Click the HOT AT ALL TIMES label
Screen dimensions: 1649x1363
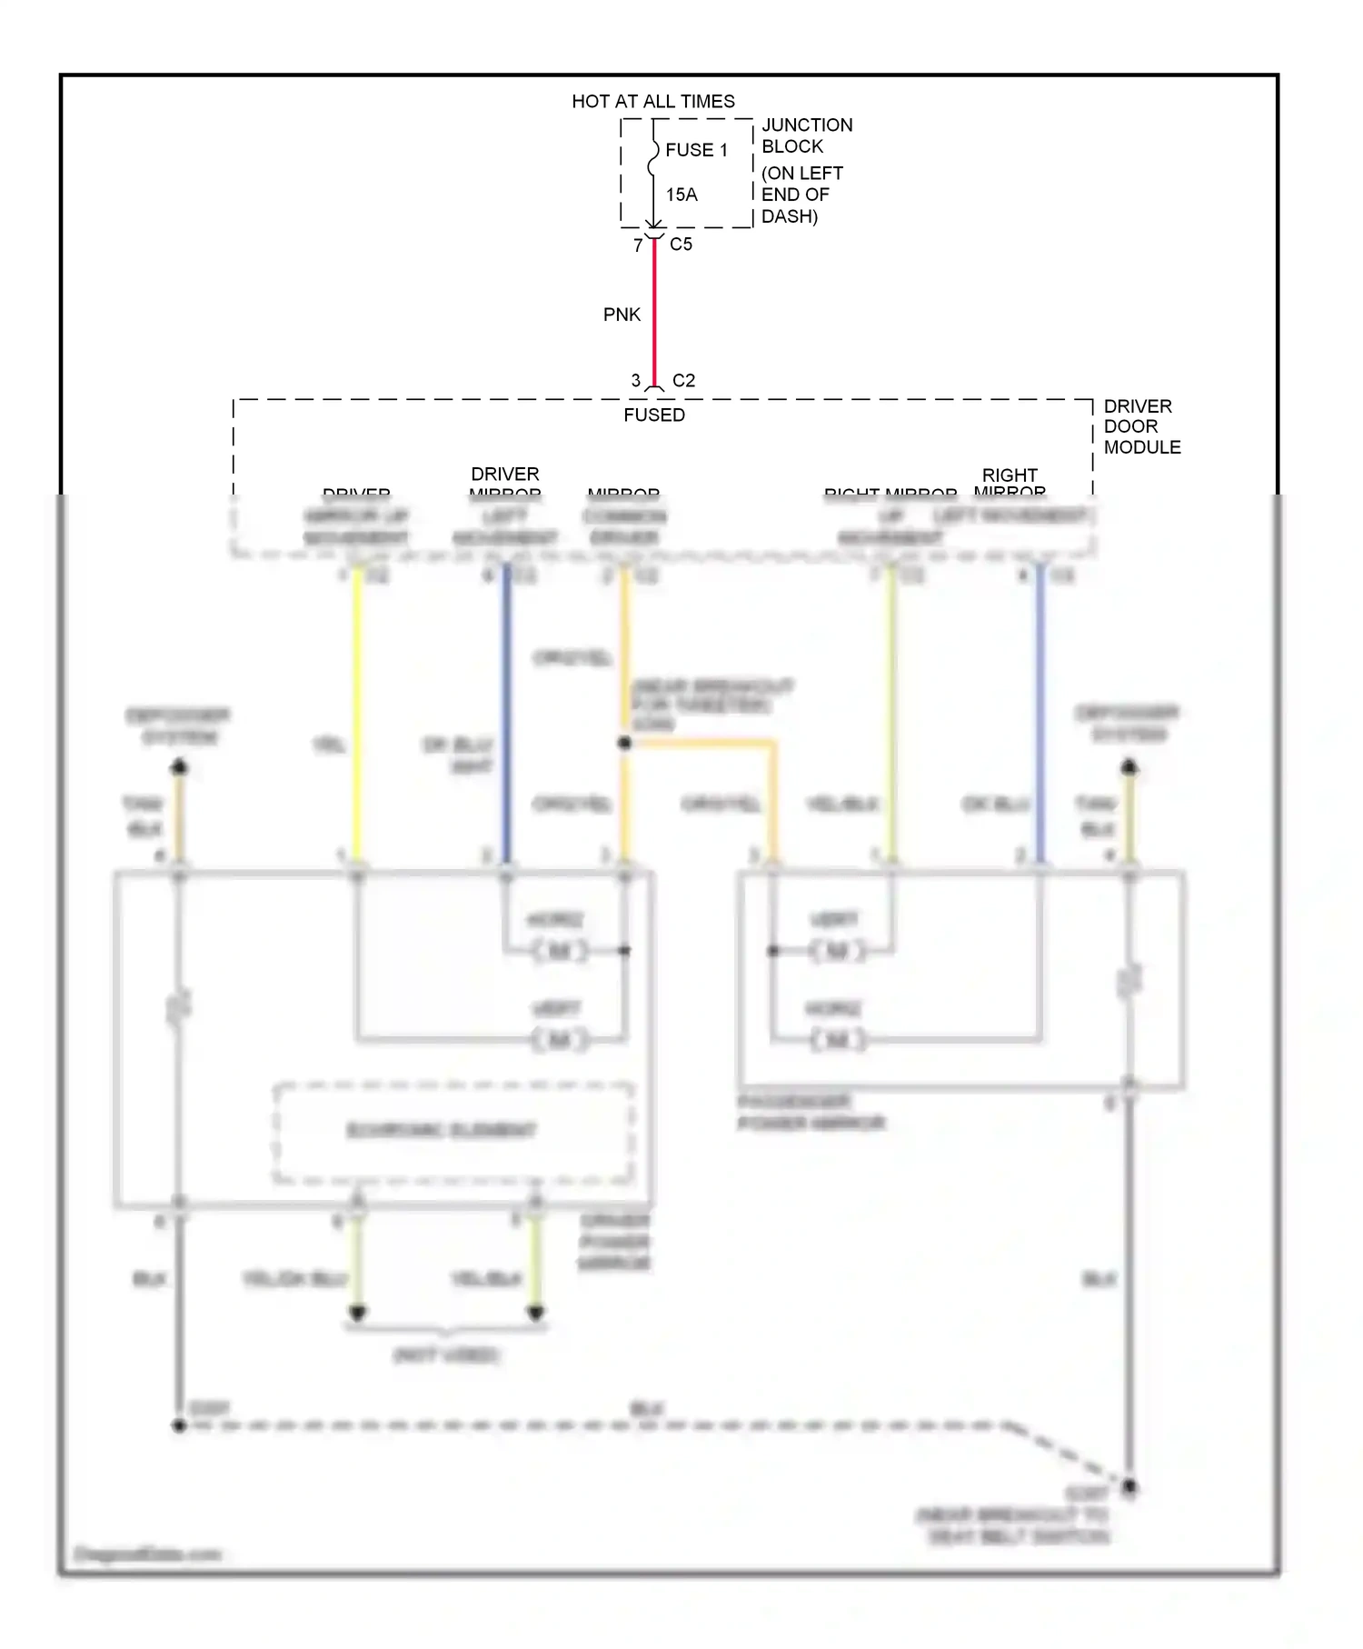click(x=652, y=101)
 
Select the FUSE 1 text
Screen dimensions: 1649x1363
click(x=696, y=150)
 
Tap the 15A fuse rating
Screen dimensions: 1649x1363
click(x=681, y=195)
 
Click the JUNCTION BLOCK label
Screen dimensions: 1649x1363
click(x=806, y=135)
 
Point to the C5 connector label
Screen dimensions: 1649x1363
click(x=681, y=245)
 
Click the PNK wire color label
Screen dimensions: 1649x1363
click(x=622, y=315)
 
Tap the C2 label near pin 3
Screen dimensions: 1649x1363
click(x=683, y=381)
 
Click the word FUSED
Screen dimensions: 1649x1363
click(x=653, y=415)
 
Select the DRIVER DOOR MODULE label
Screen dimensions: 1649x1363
click(x=1141, y=426)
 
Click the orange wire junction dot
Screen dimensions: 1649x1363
click(x=624, y=743)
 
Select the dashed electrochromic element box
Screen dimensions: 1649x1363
click(x=453, y=1132)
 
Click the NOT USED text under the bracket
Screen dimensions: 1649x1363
click(x=445, y=1355)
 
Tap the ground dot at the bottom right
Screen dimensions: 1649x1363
click(x=1129, y=1487)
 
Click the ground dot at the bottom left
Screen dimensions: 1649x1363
click(x=179, y=1425)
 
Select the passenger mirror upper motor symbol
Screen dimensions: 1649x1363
click(x=838, y=951)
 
